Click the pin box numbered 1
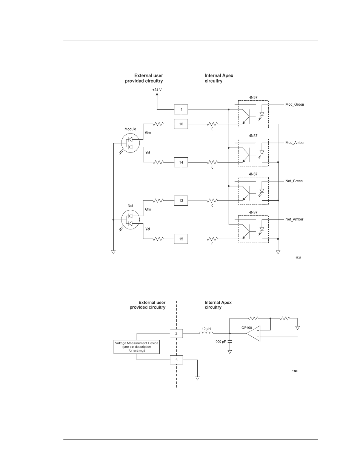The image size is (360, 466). (181, 109)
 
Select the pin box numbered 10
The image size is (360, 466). (181, 124)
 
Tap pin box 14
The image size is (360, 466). (181, 162)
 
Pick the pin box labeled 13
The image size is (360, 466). (181, 201)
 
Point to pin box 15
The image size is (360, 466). (181, 239)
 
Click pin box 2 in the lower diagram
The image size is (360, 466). (176, 334)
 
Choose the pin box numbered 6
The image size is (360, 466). (177, 360)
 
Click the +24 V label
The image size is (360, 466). (157, 90)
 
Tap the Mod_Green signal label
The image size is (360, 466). (295, 105)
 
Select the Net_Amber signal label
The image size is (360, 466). (294, 219)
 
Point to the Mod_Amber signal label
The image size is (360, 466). (295, 143)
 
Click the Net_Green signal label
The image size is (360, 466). (294, 181)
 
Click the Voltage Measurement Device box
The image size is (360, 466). (137, 347)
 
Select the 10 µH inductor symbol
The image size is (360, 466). (206, 332)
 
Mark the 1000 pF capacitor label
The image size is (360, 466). (220, 341)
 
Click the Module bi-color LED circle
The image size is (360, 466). (130, 143)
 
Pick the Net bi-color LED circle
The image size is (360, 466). (130, 220)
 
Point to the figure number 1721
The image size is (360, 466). (298, 258)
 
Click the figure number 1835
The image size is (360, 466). (295, 371)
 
